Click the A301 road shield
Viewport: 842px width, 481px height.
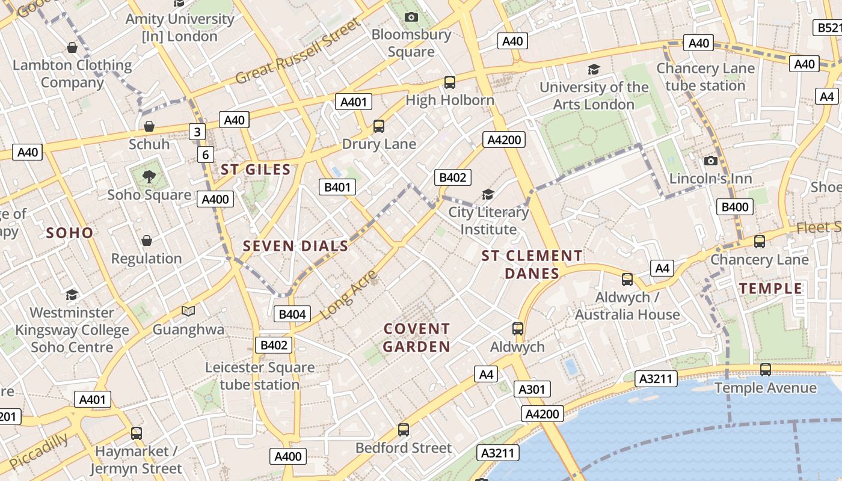[532, 389]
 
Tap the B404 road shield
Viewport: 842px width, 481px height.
[292, 314]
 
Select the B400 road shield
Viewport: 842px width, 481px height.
[735, 207]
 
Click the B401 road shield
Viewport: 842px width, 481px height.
[337, 187]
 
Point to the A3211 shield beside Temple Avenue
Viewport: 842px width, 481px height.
[657, 379]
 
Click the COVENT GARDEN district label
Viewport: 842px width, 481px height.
[417, 337]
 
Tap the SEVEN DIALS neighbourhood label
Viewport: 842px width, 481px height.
[295, 246]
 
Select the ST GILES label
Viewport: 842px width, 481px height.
[256, 170]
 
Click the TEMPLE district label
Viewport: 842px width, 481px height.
[771, 289]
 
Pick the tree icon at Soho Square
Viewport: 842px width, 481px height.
[149, 176]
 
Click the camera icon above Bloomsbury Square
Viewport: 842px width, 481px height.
[411, 17]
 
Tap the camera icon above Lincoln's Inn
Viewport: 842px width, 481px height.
[710, 161]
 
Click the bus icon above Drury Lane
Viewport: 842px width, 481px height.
[378, 126]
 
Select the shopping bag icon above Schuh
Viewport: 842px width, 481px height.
[149, 126]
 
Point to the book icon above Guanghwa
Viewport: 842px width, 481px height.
[188, 311]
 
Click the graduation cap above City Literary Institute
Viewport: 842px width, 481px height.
[488, 194]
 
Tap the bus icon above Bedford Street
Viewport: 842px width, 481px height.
[403, 430]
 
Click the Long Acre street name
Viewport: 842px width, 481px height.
[348, 295]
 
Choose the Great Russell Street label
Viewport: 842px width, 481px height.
[298, 51]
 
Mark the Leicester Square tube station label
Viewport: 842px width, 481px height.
[260, 376]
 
